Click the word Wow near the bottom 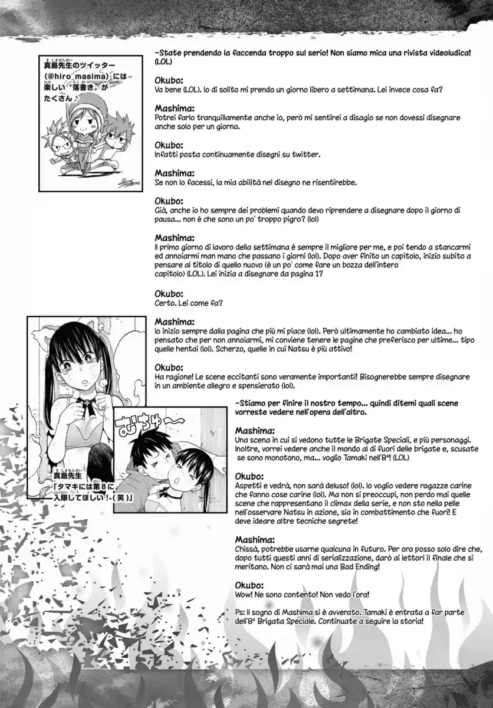tap(245, 595)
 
